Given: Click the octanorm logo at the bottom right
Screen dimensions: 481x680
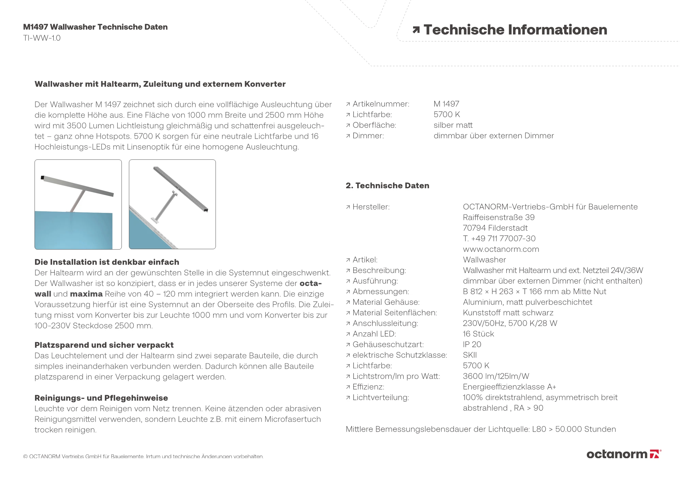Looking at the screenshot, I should click(624, 454).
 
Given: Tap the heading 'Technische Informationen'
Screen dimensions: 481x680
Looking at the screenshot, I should click(515, 30).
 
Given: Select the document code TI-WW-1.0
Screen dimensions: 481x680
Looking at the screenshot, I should click(42, 38).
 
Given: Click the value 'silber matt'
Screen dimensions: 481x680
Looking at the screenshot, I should click(453, 125).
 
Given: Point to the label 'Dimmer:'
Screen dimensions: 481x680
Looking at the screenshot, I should click(368, 136).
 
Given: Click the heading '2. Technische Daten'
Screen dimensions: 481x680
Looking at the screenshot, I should click(387, 186).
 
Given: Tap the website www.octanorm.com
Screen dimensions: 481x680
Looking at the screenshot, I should click(501, 249).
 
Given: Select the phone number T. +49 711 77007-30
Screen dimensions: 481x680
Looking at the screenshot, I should click(499, 239).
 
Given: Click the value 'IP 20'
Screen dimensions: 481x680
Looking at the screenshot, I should click(472, 344).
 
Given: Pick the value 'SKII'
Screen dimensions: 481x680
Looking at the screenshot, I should click(470, 355).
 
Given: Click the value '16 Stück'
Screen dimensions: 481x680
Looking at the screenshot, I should click(478, 334).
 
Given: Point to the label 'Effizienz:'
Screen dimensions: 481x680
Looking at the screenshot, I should click(368, 387).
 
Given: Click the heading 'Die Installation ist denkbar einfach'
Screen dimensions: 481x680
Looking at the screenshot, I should click(107, 262).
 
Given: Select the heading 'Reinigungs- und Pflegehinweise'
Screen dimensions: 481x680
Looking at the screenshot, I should click(101, 398).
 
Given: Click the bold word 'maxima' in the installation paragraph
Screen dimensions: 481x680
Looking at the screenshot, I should click(86, 294).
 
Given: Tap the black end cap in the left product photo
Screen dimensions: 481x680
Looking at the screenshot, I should click(42, 177).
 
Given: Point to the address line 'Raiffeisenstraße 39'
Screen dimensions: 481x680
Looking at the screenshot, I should click(498, 218).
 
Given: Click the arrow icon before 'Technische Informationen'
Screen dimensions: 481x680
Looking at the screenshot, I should click(416, 30).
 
